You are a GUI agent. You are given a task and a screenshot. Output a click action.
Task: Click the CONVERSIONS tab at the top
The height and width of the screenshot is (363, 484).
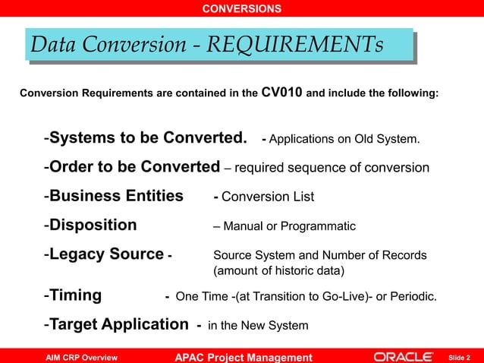click(242, 9)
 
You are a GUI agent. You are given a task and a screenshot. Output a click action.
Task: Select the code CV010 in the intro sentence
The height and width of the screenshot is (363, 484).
click(281, 93)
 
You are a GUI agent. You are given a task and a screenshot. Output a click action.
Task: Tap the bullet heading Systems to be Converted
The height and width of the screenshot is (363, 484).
click(149, 138)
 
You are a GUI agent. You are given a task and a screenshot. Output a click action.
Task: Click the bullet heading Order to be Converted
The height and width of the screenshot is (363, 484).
click(134, 167)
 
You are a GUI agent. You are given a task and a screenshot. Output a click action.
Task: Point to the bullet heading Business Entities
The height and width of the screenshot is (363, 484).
click(116, 196)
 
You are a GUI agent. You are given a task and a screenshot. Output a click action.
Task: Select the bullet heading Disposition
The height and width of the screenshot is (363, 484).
click(93, 226)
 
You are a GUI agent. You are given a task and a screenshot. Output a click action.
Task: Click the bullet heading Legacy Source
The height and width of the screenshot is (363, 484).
click(106, 254)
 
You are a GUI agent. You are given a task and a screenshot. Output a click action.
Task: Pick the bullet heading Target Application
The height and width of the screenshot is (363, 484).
click(118, 325)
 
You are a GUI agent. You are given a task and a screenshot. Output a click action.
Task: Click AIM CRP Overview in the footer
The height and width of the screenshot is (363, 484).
click(81, 357)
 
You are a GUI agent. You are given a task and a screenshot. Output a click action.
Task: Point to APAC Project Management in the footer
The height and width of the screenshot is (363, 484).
click(244, 357)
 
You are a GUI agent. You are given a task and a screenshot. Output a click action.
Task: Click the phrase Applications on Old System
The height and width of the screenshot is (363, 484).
click(344, 140)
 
